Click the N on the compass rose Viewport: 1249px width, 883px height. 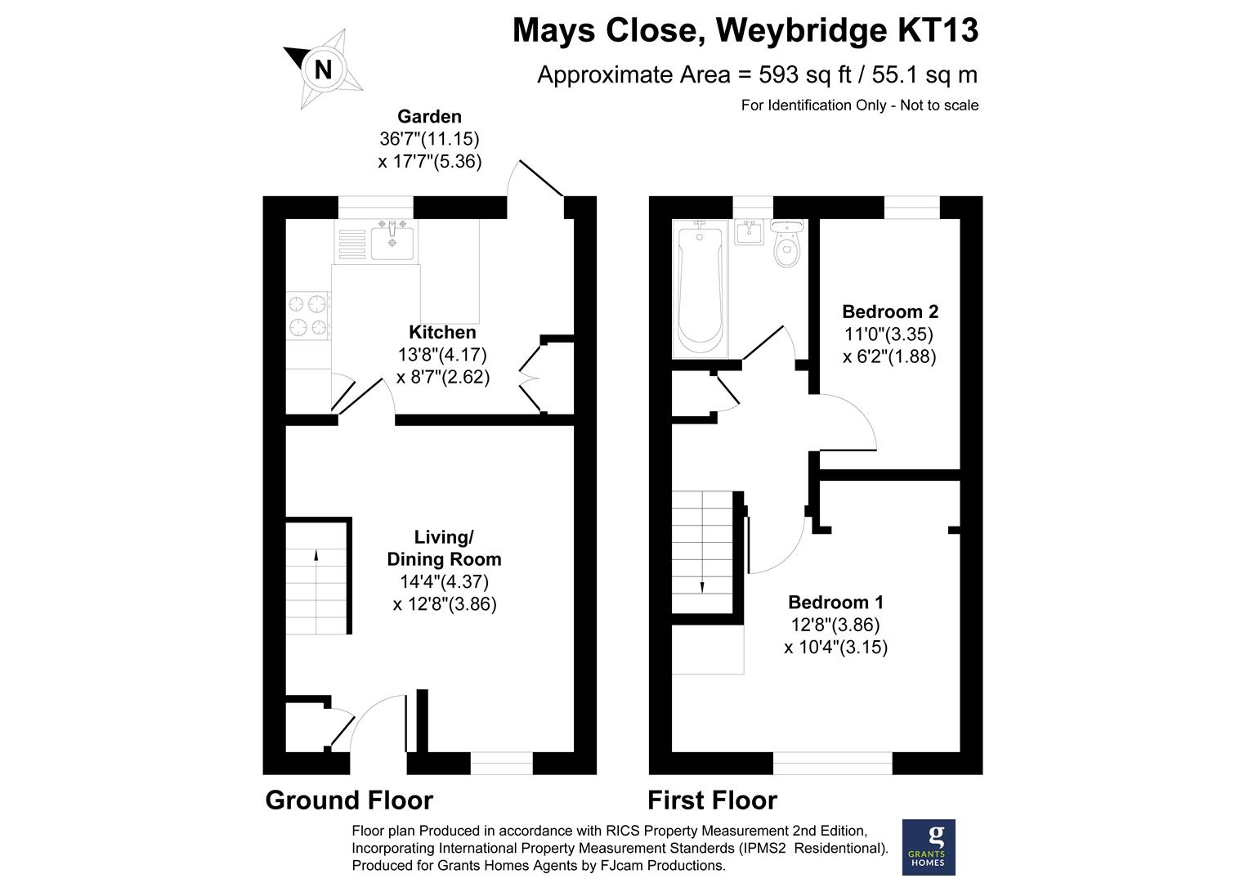coord(324,69)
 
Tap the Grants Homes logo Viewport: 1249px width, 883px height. coord(929,847)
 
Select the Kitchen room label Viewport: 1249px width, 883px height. coord(442,332)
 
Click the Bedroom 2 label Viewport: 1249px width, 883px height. coord(890,312)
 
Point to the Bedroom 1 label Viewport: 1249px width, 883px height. coord(835,602)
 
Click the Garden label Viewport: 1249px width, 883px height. coord(429,116)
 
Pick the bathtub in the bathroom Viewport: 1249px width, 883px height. coord(700,289)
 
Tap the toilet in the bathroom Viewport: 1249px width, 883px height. coord(787,244)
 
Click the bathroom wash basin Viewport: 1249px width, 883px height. coord(749,232)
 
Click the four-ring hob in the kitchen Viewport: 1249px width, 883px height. coord(308,316)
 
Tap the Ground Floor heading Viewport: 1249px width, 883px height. coord(349,800)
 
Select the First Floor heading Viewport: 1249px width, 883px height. coord(712,800)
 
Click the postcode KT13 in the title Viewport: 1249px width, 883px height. coord(938,30)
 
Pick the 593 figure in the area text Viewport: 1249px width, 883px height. coord(778,74)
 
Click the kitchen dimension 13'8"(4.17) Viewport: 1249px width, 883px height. coord(442,354)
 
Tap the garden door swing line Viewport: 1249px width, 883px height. coord(541,178)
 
